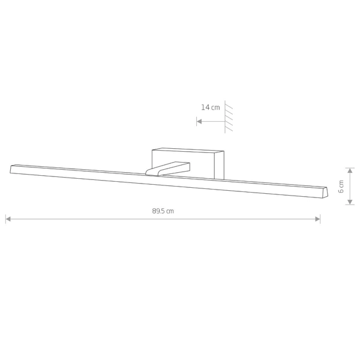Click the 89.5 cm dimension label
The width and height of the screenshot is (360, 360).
pyautogui.click(x=163, y=211)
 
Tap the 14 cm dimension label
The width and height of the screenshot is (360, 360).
pyautogui.click(x=211, y=107)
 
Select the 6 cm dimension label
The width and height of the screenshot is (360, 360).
pyautogui.click(x=341, y=187)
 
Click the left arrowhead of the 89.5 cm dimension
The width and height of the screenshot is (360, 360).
pyautogui.click(x=8, y=219)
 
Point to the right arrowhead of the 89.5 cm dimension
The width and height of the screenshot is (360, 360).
pyautogui.click(x=317, y=219)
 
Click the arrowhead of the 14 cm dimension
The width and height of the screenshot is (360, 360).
pyautogui.click(x=199, y=121)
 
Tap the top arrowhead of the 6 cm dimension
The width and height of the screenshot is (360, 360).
pyautogui.click(x=350, y=170)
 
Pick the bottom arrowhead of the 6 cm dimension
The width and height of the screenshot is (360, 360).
pyautogui.click(x=350, y=202)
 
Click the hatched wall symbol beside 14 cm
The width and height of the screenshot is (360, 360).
pyautogui.click(x=228, y=116)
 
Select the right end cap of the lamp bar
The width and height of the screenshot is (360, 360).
pyautogui.click(x=325, y=193)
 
